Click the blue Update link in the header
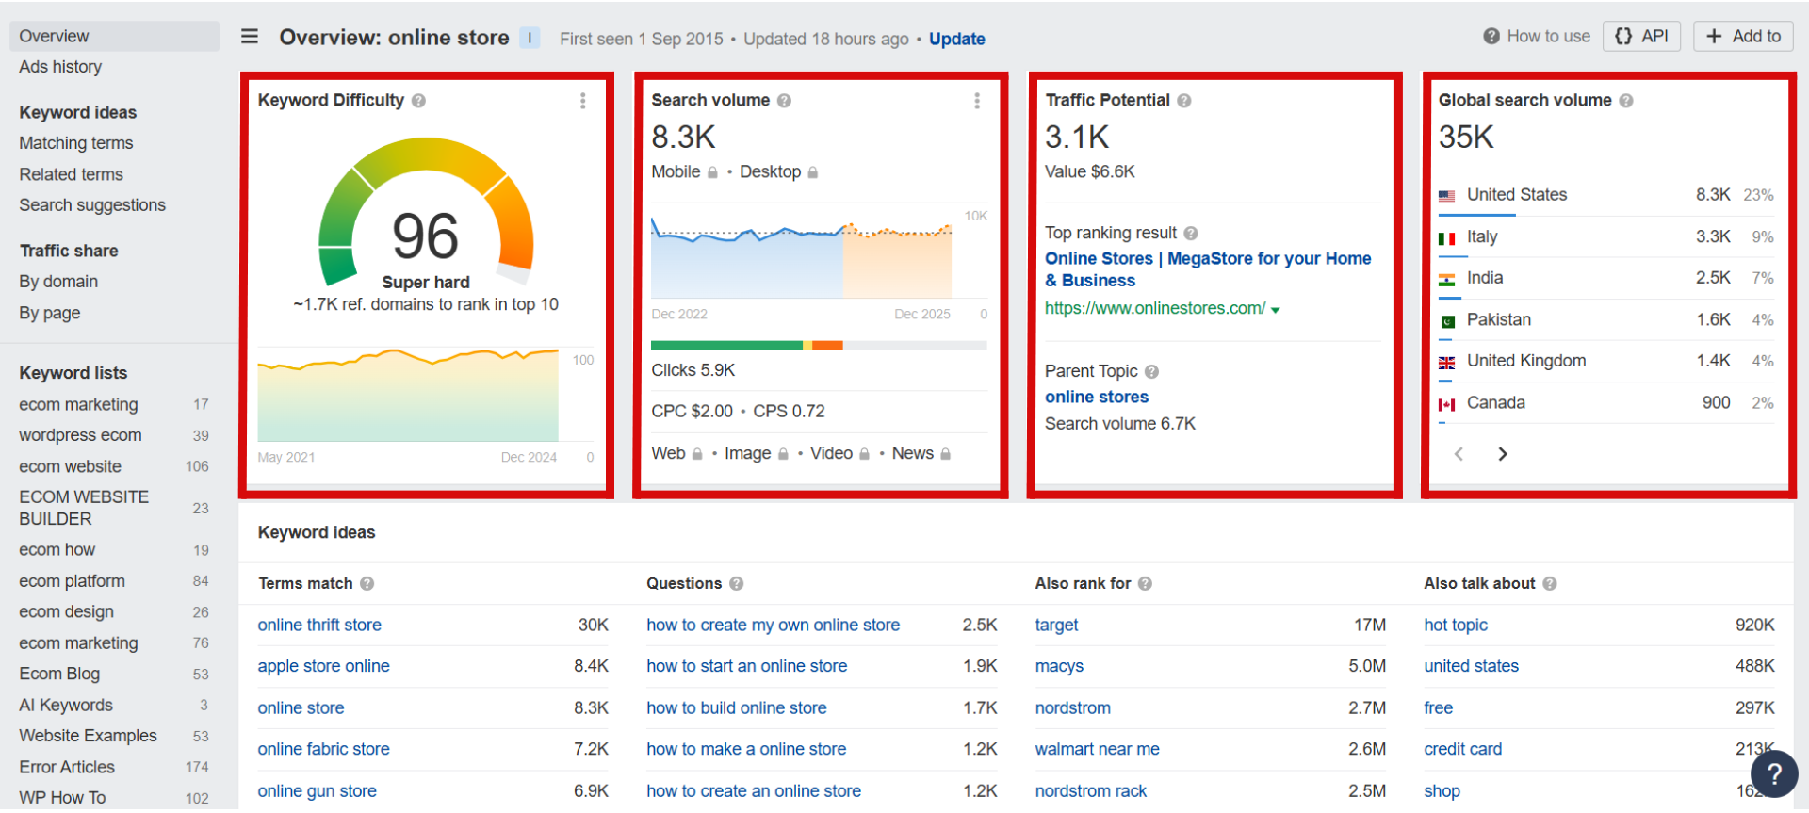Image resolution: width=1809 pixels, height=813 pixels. click(956, 39)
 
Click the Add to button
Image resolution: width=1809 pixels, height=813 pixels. click(1743, 36)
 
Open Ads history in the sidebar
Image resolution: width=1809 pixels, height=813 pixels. click(60, 67)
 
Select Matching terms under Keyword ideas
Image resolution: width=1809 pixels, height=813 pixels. click(76, 143)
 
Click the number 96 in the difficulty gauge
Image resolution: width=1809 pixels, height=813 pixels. click(425, 236)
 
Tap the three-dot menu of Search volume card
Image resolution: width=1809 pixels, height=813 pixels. click(977, 101)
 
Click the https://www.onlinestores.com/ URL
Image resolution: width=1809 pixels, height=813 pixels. click(1155, 308)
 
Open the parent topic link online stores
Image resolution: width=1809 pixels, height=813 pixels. click(1096, 397)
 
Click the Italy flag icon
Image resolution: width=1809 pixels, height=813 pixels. click(1446, 238)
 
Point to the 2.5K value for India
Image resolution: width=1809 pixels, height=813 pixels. click(1712, 278)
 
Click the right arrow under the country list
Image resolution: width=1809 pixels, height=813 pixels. click(1503, 454)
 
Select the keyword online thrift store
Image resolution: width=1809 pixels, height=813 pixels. click(319, 625)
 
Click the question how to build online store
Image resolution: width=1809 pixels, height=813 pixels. click(736, 707)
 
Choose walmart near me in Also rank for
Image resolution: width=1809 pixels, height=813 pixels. click(1097, 749)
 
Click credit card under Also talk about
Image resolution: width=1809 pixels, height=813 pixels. click(1462, 749)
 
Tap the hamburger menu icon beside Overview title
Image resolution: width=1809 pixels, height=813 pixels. click(250, 37)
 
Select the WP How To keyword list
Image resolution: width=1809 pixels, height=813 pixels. click(62, 797)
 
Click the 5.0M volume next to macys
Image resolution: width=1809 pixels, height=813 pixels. click(1366, 666)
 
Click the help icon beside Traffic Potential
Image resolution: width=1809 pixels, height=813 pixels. click(1184, 101)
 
